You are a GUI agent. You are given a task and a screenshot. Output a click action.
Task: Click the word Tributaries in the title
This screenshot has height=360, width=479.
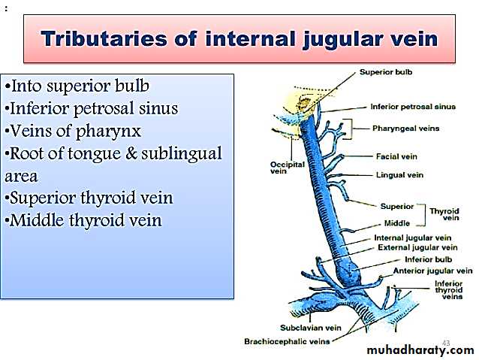click(104, 39)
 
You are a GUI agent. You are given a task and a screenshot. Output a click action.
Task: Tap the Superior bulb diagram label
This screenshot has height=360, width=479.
click(386, 72)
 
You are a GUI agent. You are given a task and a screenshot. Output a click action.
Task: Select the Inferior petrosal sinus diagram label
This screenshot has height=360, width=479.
click(413, 107)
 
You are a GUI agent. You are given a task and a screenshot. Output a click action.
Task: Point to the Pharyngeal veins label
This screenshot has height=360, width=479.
click(405, 129)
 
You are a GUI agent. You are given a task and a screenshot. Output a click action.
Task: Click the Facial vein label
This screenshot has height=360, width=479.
click(396, 156)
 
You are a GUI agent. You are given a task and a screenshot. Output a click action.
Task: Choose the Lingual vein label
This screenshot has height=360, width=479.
click(399, 175)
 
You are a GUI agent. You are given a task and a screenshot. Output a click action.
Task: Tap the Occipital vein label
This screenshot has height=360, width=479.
click(288, 168)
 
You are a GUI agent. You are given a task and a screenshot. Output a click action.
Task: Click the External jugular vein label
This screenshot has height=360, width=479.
click(417, 247)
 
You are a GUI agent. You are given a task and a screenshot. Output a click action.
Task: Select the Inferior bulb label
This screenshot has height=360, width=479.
click(428, 260)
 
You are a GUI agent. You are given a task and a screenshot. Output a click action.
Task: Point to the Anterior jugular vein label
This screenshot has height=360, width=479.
click(432, 271)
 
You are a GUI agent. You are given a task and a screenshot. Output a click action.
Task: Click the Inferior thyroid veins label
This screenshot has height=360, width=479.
click(448, 290)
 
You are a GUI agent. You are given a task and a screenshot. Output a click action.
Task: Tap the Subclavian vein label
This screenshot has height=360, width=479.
click(311, 328)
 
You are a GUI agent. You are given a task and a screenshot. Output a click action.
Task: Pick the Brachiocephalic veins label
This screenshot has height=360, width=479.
click(287, 341)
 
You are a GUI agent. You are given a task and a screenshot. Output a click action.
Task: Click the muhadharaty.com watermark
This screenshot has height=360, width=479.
click(420, 350)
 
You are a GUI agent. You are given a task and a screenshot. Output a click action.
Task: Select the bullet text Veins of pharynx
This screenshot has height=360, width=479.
click(74, 131)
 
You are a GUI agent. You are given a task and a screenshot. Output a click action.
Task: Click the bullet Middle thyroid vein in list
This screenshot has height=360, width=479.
click(83, 220)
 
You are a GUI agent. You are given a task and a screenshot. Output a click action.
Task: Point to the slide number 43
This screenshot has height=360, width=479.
click(446, 343)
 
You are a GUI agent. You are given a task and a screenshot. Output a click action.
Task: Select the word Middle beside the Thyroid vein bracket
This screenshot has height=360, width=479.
click(397, 223)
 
